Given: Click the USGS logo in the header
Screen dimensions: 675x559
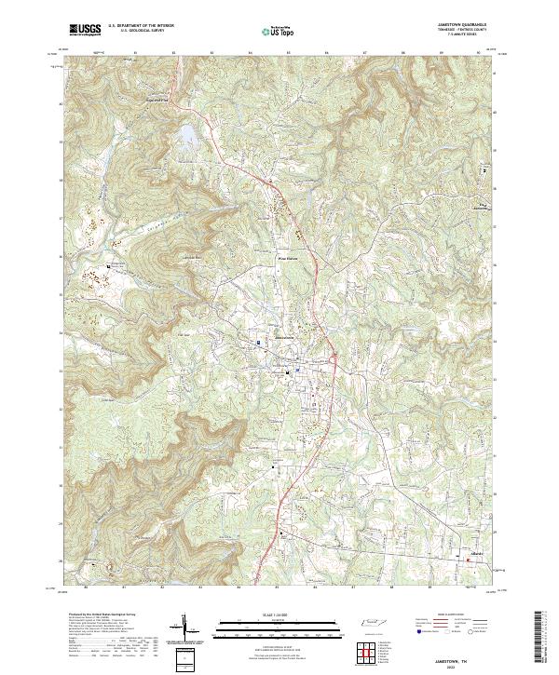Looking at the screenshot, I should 86,30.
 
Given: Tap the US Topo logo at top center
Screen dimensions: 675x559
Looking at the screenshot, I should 274,31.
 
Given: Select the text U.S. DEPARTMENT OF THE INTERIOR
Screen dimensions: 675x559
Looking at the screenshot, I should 141,26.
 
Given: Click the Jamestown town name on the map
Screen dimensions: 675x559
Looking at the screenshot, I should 282,337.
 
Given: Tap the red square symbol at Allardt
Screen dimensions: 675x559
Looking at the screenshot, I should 469,559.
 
